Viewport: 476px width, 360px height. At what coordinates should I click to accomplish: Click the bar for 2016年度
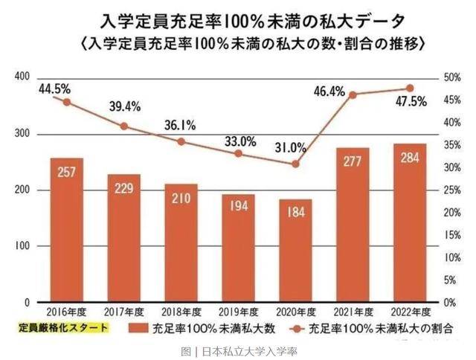click(x=66, y=230)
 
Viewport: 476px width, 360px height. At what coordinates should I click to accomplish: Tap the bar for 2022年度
click(x=409, y=223)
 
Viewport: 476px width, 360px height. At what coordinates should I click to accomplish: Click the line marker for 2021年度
click(x=353, y=95)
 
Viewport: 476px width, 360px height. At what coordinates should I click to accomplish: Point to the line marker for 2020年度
click(x=295, y=164)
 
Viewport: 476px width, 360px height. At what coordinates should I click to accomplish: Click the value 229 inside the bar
click(x=123, y=189)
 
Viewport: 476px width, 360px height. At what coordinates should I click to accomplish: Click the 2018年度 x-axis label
click(x=181, y=313)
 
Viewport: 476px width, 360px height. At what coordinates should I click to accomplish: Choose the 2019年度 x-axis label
click(x=238, y=313)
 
